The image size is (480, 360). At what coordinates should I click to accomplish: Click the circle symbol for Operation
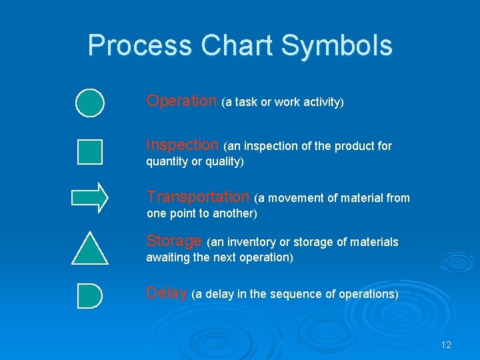[89, 103]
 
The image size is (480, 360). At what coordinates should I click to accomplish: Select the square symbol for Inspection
[89, 151]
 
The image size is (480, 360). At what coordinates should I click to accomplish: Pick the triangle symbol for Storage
[89, 249]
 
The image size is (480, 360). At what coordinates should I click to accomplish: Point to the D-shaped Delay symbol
[89, 295]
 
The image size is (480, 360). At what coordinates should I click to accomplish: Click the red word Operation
[181, 101]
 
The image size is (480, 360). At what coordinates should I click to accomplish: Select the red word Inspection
[182, 145]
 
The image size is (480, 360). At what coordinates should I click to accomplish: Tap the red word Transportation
[197, 197]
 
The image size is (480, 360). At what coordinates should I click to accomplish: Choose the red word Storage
[174, 241]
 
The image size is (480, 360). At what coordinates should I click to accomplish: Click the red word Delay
[166, 293]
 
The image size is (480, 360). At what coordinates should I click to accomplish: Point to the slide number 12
[446, 345]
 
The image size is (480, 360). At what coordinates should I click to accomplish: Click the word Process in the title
[138, 45]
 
